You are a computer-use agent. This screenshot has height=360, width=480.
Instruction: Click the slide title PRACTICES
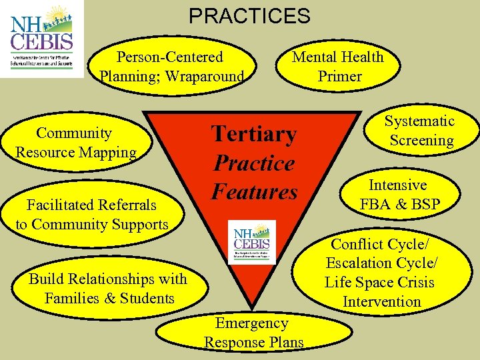click(x=249, y=15)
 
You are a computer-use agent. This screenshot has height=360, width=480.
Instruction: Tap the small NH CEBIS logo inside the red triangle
click(x=251, y=242)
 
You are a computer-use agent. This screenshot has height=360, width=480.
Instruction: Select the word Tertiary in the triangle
click(x=254, y=134)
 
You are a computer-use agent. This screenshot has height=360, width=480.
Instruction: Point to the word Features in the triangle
click(x=255, y=192)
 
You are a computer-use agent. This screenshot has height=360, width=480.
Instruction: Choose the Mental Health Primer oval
click(x=339, y=67)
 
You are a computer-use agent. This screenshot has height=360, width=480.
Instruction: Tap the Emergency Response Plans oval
click(x=253, y=333)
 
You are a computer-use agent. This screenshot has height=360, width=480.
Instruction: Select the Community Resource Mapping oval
click(x=75, y=143)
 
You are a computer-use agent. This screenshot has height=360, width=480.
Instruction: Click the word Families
click(x=72, y=298)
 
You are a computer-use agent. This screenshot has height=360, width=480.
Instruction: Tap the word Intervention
click(x=381, y=302)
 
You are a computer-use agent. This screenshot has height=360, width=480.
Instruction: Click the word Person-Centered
click(x=170, y=57)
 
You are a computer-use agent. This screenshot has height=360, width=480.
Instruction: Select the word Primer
click(x=339, y=76)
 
